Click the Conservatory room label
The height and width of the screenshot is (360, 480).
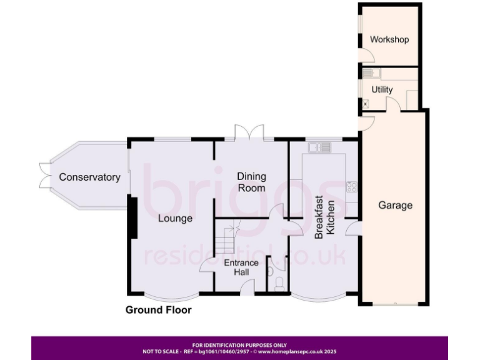pyautogui.click(x=89, y=177)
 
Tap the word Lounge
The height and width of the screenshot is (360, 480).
pyautogui.click(x=175, y=218)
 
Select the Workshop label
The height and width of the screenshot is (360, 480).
pyautogui.click(x=389, y=39)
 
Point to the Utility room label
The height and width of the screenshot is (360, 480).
pyautogui.click(x=382, y=89)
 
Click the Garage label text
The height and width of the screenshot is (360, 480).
pyautogui.click(x=395, y=205)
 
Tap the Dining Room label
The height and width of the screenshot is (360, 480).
pyautogui.click(x=251, y=182)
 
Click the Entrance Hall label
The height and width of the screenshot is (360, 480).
pyautogui.click(x=241, y=267)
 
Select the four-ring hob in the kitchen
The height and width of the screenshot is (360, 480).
pyautogui.click(x=351, y=186)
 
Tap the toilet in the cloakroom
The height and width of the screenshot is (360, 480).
pyautogui.click(x=279, y=284)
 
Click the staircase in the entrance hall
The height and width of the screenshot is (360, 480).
pyautogui.click(x=229, y=240)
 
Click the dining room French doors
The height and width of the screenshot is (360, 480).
pyautogui.click(x=249, y=133)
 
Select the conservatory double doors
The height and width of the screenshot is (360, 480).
pyautogui.click(x=42, y=175)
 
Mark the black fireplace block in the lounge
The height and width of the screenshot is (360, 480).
pyautogui.click(x=133, y=217)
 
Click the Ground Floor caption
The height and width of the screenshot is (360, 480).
pyautogui.click(x=158, y=310)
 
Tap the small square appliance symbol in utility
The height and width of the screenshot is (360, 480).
pyautogui.click(x=366, y=104)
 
